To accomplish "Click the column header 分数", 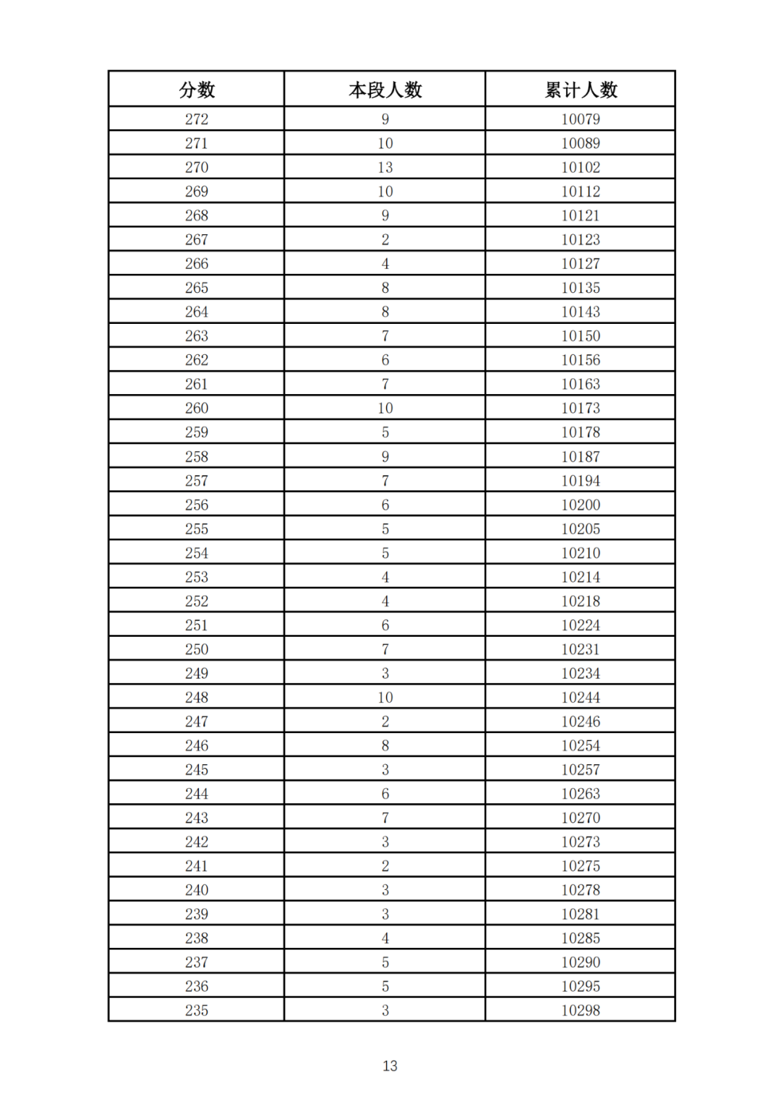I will (197, 90).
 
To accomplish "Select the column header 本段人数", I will (385, 90).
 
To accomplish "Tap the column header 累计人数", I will (581, 90).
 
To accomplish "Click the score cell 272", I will (197, 119).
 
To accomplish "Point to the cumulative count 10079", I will (581, 119).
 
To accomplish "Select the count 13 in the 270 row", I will (385, 168).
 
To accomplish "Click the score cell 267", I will (197, 240).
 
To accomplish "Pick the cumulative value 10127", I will (581, 264).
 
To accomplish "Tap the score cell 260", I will (197, 408).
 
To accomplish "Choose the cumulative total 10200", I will (581, 505).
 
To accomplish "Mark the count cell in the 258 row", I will (385, 457).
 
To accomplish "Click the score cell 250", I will (197, 649).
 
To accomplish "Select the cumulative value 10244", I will (581, 698).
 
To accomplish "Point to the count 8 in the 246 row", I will (385, 745).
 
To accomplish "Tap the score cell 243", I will (197, 818).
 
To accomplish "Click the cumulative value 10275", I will (581, 866).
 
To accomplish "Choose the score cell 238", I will (197, 938).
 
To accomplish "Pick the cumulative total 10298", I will (581, 1011).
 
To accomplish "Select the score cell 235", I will (197, 1011).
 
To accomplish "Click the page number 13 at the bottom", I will (390, 1066).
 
